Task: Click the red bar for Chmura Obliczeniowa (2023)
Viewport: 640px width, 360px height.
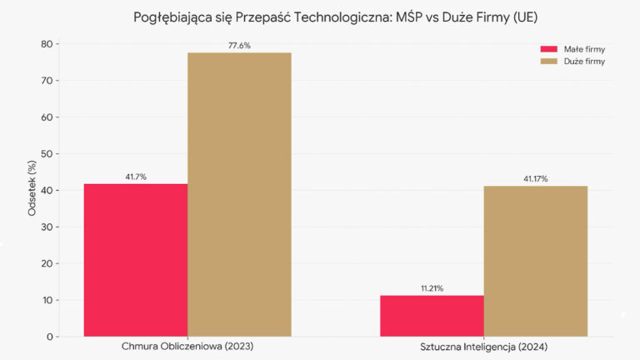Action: point(136,260)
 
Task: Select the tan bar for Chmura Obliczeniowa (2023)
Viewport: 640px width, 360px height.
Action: point(239,194)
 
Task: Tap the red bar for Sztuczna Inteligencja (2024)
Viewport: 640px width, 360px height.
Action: point(432,316)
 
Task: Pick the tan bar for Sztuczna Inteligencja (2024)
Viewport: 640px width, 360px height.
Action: point(535,261)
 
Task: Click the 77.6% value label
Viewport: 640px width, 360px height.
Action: point(239,46)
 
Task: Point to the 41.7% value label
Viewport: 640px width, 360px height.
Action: point(136,177)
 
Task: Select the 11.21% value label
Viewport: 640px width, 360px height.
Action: point(432,288)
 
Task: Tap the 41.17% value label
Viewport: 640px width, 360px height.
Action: point(535,178)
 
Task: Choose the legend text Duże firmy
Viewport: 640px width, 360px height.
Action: point(583,61)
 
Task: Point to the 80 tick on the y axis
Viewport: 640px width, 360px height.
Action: point(47,44)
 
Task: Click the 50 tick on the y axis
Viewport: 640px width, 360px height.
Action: point(47,154)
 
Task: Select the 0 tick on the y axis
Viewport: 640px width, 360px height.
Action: point(50,337)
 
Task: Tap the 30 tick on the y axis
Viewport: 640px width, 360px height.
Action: point(47,227)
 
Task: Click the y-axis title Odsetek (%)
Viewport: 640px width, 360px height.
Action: point(32,190)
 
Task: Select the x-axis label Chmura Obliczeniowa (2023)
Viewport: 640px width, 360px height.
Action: point(187,347)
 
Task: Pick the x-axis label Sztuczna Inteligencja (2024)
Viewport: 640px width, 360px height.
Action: point(483,347)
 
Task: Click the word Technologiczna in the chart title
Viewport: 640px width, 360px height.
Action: point(334,17)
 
